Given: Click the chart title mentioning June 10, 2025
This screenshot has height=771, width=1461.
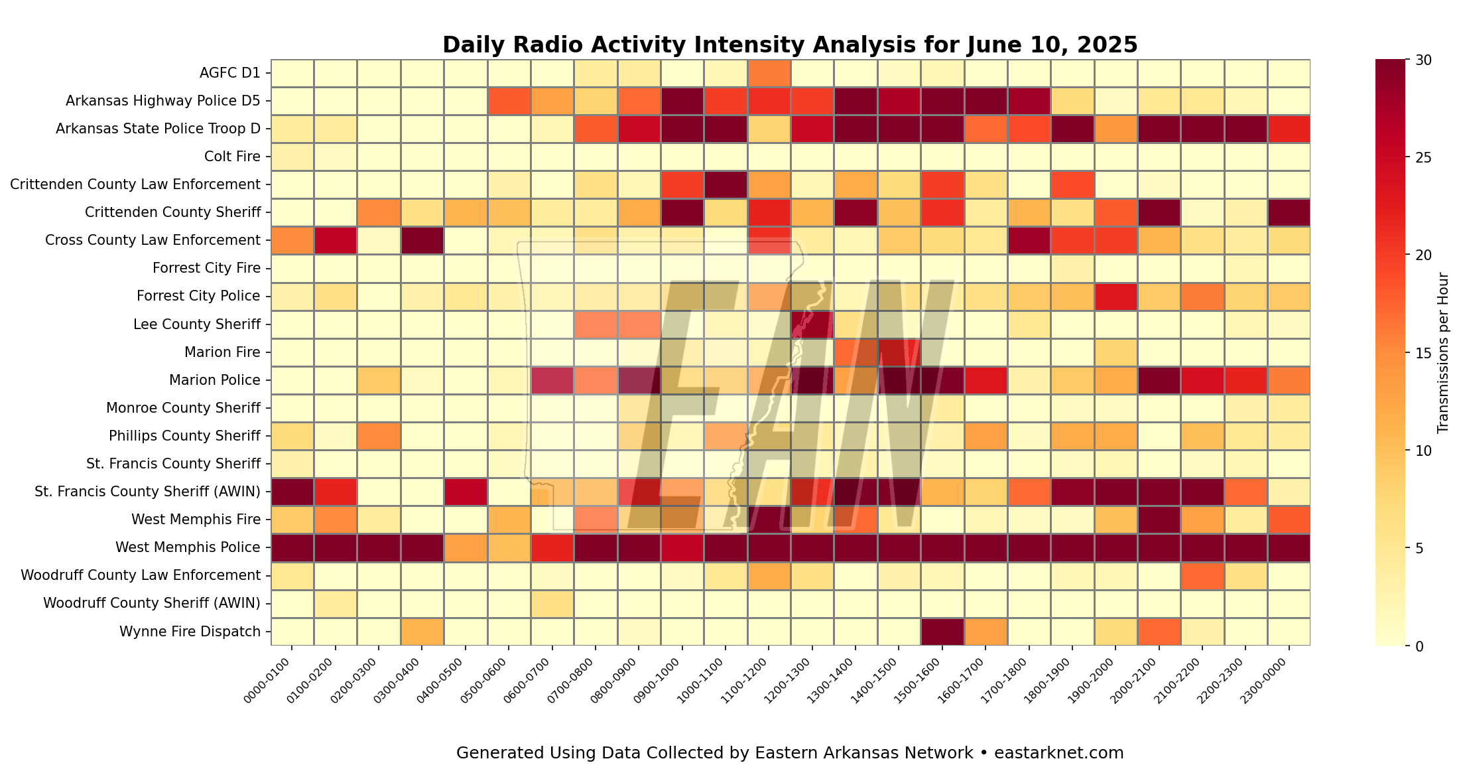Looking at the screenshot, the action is click(x=790, y=44).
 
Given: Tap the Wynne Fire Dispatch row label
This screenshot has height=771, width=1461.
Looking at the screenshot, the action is click(x=190, y=631).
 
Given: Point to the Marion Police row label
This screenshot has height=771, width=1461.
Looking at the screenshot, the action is click(x=215, y=380).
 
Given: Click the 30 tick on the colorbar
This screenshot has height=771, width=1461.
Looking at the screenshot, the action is click(x=1423, y=60).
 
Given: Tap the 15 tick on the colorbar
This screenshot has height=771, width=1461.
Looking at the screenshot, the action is click(x=1423, y=353).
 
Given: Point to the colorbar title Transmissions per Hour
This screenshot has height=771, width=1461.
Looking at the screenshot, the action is click(x=1444, y=353).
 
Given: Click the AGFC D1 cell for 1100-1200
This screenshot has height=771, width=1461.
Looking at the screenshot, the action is click(x=769, y=73).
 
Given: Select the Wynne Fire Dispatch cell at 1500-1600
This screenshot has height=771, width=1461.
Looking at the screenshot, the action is click(x=942, y=631).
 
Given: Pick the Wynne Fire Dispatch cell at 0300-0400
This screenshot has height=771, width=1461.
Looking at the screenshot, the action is click(x=422, y=631).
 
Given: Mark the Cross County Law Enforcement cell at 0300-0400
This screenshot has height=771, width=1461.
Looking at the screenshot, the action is click(x=422, y=240).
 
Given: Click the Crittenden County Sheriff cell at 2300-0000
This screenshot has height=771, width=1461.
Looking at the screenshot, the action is click(x=1289, y=212).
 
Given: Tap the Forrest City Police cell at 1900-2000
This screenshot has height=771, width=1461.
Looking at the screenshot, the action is click(x=1115, y=296).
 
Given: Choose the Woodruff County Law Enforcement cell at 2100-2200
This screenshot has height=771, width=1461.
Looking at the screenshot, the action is click(x=1202, y=575).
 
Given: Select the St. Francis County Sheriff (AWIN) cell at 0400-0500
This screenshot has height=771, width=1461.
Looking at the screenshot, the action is click(x=466, y=492).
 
